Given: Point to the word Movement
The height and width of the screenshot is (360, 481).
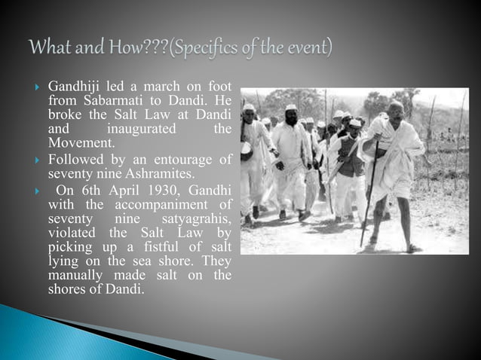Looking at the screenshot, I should (81, 142).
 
